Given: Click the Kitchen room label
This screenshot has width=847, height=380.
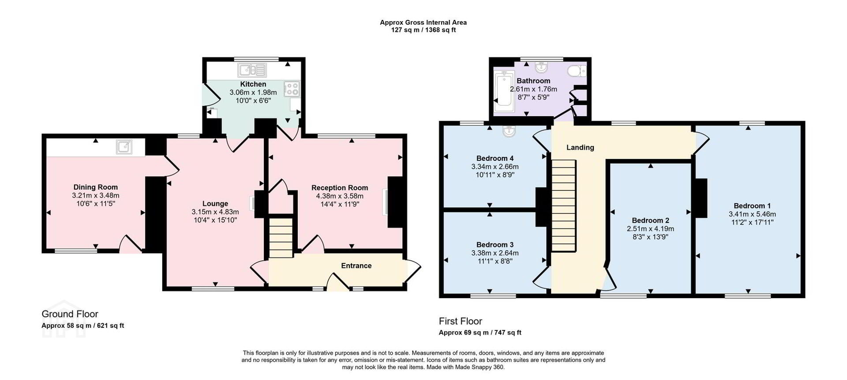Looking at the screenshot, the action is click(x=253, y=84).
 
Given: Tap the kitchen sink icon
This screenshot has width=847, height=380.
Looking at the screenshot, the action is click(x=252, y=70).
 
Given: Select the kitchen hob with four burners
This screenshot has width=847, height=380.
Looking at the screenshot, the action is click(x=292, y=89).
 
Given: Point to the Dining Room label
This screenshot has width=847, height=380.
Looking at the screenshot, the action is click(x=96, y=187).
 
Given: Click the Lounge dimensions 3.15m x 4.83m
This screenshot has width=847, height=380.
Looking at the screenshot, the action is click(x=215, y=212).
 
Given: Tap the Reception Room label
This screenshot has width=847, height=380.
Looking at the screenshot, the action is click(x=340, y=188).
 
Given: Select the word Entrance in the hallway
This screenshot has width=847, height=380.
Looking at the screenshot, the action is click(x=356, y=266).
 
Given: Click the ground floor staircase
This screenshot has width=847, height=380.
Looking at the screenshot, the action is click(x=281, y=237).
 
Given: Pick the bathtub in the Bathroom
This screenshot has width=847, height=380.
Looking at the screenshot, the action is click(x=504, y=91).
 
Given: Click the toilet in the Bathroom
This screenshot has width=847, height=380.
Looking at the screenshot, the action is click(x=577, y=71).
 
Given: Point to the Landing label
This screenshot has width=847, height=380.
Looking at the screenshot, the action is click(x=580, y=148).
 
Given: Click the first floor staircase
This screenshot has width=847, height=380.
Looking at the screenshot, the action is click(x=564, y=206).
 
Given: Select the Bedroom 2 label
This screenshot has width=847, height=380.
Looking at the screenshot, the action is click(x=651, y=220).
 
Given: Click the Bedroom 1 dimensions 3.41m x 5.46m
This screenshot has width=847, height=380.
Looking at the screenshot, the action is click(x=752, y=214).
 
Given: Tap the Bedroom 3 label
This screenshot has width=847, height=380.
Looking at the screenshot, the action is click(x=495, y=245).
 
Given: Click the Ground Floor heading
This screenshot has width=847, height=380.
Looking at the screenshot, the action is click(x=70, y=314).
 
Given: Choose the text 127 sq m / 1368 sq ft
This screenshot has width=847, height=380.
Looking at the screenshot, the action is click(x=423, y=30).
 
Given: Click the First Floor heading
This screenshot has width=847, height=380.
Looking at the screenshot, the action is click(x=461, y=321).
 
